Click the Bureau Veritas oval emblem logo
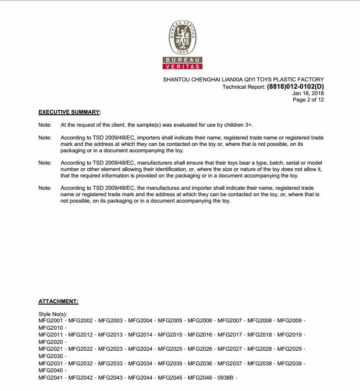(182, 38)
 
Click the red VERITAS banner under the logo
(182, 67)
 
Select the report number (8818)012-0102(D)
(295, 87)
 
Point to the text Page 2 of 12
(308, 100)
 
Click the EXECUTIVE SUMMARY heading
(69, 112)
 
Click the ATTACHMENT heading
(58, 301)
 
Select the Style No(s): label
(53, 314)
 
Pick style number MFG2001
(51, 321)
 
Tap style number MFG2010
(51, 328)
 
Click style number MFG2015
(170, 335)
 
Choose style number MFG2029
(289, 349)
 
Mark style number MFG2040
(51, 370)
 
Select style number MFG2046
(200, 377)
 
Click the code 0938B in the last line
(226, 377)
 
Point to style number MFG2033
(110, 364)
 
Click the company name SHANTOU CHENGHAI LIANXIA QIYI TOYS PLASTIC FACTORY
(243, 80)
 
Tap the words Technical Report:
(244, 87)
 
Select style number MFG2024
(140, 349)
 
